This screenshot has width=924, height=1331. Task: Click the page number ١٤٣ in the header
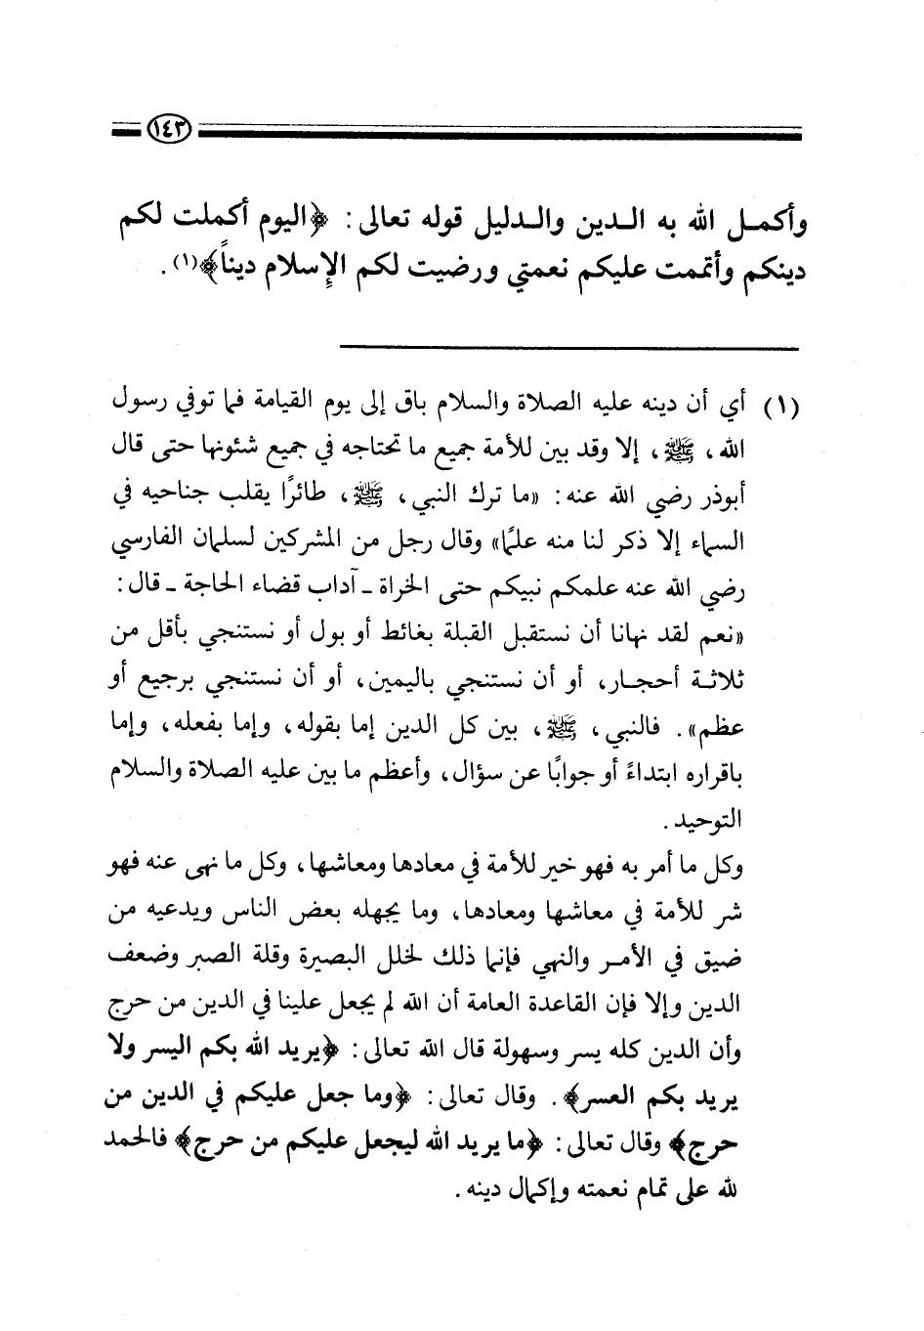point(173,128)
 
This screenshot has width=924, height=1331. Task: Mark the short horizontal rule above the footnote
point(569,348)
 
